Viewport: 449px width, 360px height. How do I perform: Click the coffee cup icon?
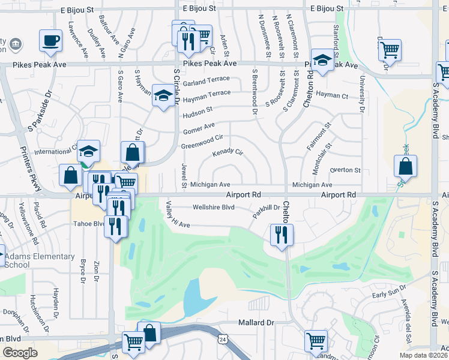(x=50, y=40)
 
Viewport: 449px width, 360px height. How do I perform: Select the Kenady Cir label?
(x=228, y=153)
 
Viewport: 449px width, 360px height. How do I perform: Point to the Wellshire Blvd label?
(x=212, y=208)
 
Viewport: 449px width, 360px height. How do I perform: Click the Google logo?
(x=20, y=352)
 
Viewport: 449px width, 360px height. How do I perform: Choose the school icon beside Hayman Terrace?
(x=163, y=95)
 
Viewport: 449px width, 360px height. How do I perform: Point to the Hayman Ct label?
(x=332, y=95)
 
